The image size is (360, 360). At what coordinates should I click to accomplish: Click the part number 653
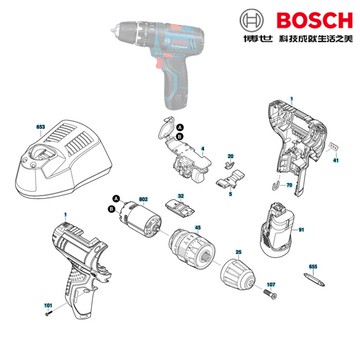coord(13,130)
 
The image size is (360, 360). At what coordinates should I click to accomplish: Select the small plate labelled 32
coord(180,206)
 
